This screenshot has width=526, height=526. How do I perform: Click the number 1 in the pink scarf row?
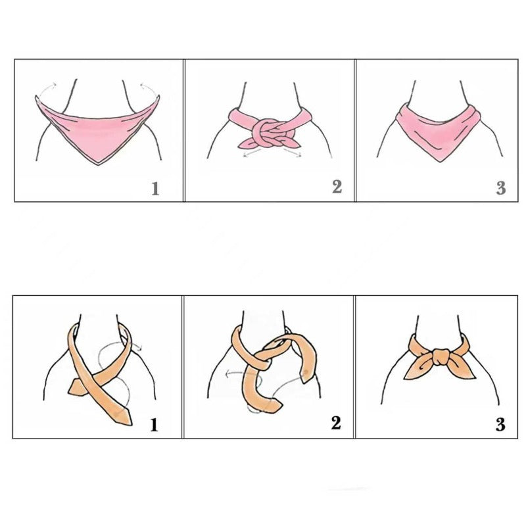point(155,189)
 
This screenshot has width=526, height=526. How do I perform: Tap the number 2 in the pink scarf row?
point(337,187)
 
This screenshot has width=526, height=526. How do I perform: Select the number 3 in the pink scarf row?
point(501,189)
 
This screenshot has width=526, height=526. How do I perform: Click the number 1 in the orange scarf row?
point(155,424)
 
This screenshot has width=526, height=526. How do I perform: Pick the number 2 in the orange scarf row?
point(336,423)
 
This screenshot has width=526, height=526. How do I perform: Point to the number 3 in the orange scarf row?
point(501,424)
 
